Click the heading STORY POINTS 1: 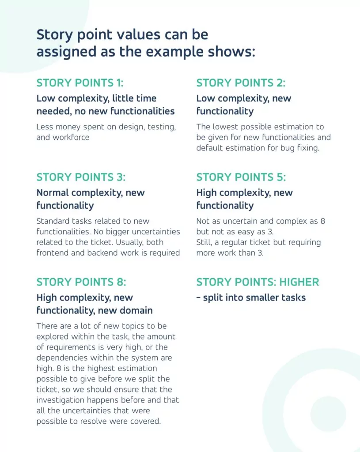[x=80, y=83]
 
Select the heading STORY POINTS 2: [x=241, y=83]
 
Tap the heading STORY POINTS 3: [x=81, y=177]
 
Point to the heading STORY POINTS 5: [x=241, y=177]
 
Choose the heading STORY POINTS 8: [x=81, y=282]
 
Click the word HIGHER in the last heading [x=299, y=282]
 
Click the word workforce [x=71, y=137]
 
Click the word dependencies [x=62, y=358]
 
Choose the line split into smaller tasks [x=251, y=298]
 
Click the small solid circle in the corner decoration [x=328, y=414]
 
